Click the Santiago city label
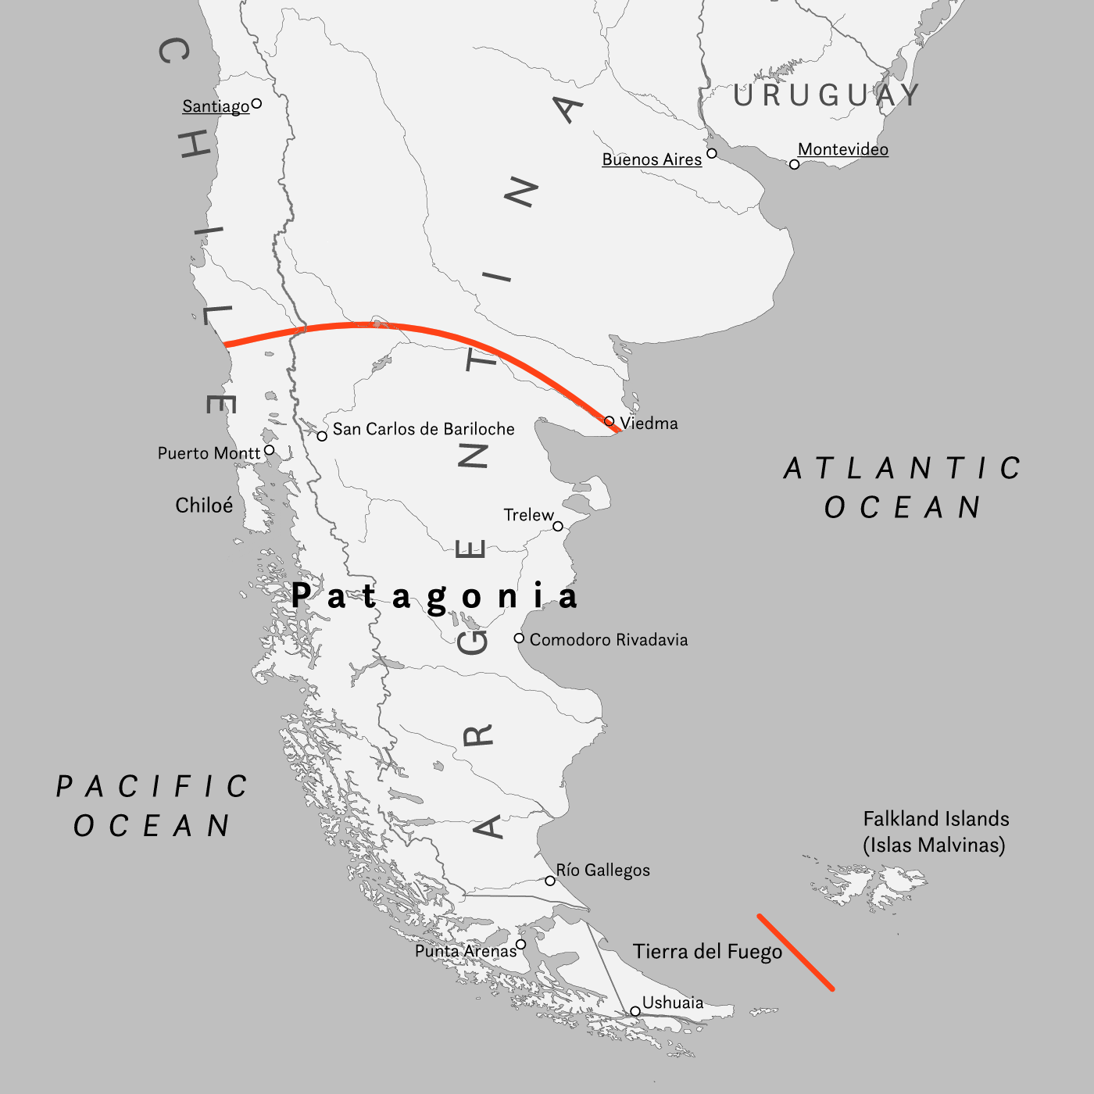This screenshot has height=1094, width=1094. click(216, 106)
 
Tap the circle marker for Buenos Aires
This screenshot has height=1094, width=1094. click(711, 153)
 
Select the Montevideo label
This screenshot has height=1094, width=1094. click(842, 149)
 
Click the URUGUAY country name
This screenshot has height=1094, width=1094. click(827, 95)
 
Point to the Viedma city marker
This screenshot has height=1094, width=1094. click(610, 421)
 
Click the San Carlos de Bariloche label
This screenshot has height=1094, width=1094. click(424, 429)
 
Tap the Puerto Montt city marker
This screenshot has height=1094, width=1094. click(270, 450)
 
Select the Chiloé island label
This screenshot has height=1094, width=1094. click(204, 506)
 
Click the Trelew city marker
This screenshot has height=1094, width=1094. click(558, 526)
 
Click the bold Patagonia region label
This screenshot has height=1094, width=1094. click(434, 597)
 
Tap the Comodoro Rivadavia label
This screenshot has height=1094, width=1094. click(609, 640)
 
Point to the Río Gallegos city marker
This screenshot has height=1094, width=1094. click(550, 881)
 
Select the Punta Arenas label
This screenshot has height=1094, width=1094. click(466, 951)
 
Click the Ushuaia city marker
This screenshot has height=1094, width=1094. click(635, 1011)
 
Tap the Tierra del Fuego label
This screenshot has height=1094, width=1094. click(707, 952)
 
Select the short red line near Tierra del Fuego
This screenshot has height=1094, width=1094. click(795, 953)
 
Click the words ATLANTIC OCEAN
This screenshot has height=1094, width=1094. click(903, 488)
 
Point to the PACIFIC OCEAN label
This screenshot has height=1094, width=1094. click(152, 806)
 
